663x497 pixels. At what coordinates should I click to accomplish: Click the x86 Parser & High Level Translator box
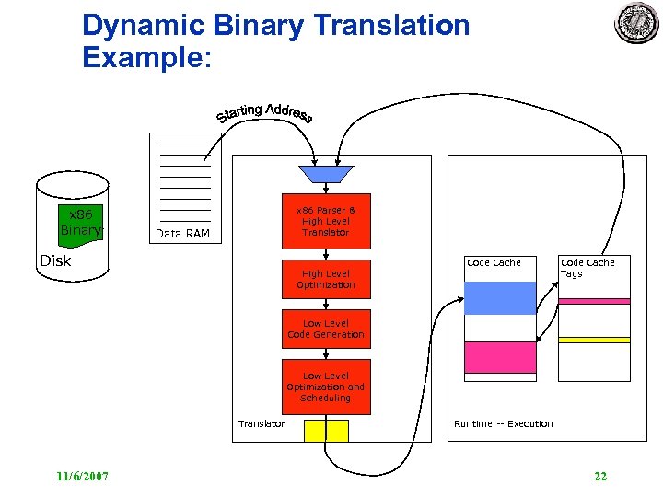coord(326,221)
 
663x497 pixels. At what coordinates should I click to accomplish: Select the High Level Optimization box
coord(326,279)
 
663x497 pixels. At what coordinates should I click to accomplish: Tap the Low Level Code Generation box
coord(326,329)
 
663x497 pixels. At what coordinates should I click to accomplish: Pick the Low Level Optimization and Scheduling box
coord(326,387)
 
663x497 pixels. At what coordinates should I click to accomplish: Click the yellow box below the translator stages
coord(326,431)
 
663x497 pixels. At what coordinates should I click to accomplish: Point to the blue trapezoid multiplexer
coord(326,174)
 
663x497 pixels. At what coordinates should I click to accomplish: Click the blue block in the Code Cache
coord(500,298)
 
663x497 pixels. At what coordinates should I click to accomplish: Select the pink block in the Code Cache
coord(500,357)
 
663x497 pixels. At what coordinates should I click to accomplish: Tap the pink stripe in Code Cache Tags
coord(594,301)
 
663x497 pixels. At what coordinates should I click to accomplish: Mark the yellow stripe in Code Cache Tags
coord(594,340)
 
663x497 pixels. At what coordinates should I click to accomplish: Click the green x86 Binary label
coord(80,222)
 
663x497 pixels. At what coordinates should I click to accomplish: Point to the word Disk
coord(55,260)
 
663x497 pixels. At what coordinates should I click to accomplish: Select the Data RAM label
coord(182,234)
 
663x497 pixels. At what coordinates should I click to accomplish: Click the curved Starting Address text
coord(265,113)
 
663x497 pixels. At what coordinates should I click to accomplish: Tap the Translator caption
coord(262,423)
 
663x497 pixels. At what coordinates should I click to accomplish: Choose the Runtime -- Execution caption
coord(503,423)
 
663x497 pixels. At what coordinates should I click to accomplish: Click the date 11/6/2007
coord(82,476)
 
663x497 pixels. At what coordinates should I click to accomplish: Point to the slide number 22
coord(600,476)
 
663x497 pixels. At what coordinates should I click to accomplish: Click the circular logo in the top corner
coord(637,24)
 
